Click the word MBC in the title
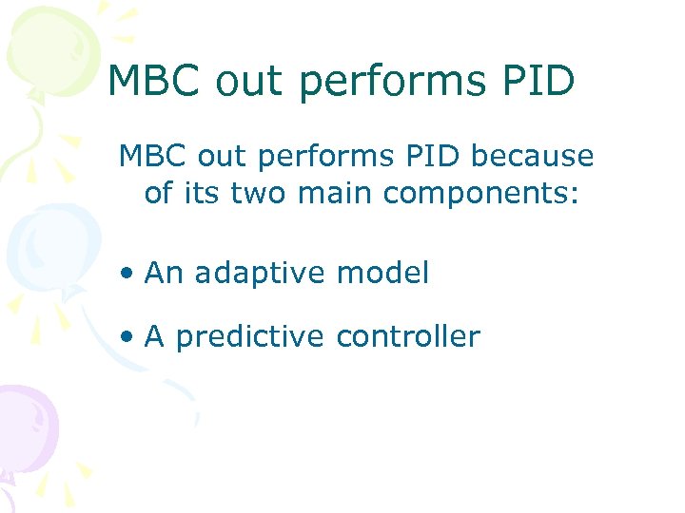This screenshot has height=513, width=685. tap(155, 81)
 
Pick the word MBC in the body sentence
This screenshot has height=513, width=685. tap(152, 155)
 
